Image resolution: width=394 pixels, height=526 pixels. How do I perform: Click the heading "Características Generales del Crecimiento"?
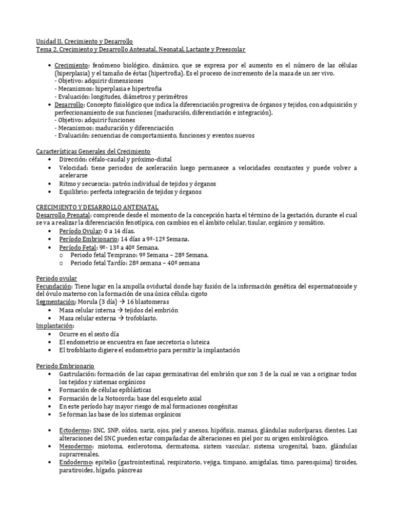[x=93, y=152]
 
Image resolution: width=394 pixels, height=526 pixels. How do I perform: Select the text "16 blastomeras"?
[x=136, y=302]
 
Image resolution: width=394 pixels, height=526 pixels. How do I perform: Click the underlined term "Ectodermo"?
[x=73, y=430]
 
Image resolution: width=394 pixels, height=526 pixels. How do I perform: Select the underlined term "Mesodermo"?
[x=74, y=446]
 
